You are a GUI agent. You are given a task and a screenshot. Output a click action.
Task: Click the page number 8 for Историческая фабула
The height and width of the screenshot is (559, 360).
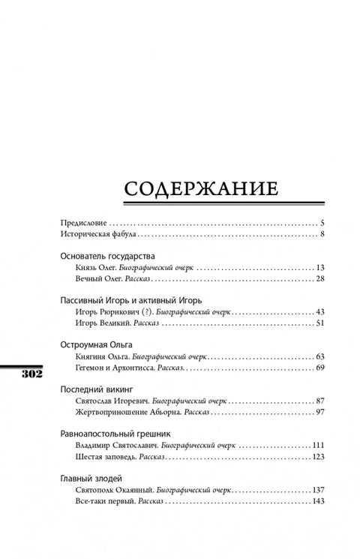click(321, 235)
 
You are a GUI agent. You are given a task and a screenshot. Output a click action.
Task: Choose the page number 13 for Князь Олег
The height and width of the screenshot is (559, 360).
click(319, 268)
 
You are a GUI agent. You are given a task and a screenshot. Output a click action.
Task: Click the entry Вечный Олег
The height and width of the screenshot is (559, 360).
click(99, 279)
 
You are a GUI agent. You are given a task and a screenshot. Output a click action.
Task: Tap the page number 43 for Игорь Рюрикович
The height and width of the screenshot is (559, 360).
click(319, 311)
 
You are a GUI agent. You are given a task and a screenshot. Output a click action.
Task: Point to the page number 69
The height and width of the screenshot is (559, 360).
click(319, 368)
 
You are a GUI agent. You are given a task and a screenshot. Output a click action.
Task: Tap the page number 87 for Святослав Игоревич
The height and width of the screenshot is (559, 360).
click(319, 401)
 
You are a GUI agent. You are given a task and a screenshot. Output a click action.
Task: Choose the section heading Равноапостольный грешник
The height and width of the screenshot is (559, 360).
click(115, 433)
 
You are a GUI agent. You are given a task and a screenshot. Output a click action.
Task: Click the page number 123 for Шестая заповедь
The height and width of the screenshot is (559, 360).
click(317, 456)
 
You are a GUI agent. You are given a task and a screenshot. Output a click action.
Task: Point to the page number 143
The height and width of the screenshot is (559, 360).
click(317, 500)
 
